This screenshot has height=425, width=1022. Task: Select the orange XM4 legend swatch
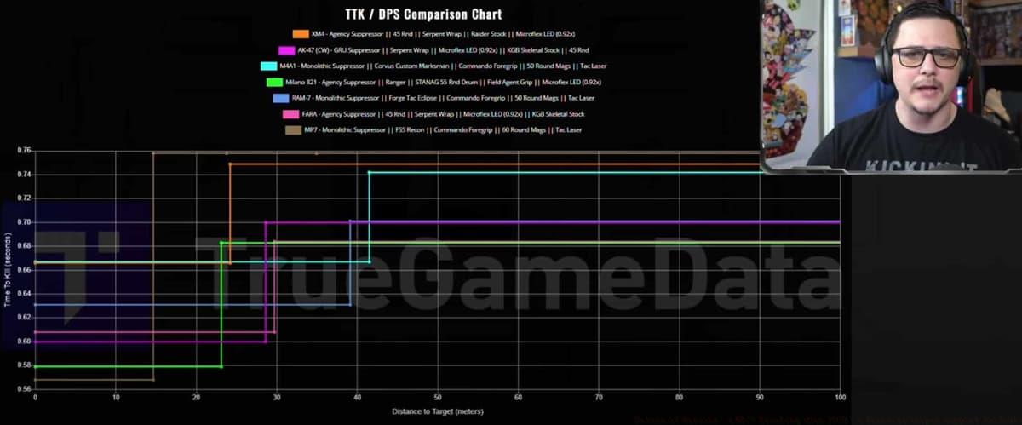[301, 34]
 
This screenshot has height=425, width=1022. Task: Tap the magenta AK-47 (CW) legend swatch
[274, 50]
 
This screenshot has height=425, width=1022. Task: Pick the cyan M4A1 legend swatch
[268, 66]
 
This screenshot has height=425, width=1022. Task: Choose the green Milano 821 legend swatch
[274, 82]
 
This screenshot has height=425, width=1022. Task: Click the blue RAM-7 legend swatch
[280, 98]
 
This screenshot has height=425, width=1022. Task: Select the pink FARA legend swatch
[290, 114]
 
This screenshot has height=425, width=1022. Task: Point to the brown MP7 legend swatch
[293, 129]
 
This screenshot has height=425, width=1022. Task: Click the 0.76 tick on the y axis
[24, 151]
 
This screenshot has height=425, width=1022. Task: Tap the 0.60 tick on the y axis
[24, 342]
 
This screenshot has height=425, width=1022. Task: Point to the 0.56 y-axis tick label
[24, 389]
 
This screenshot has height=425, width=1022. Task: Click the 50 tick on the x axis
[438, 398]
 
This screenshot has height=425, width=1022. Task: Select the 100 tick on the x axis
[839, 398]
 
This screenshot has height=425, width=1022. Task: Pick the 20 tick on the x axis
[196, 398]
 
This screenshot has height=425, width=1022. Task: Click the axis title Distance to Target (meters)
[438, 412]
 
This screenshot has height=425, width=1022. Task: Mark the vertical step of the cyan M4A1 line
[369, 217]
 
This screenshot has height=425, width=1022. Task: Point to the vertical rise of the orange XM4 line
[230, 213]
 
